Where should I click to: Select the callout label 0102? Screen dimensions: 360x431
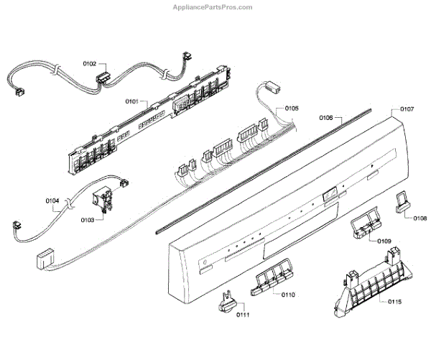90,64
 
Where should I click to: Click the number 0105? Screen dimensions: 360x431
291,108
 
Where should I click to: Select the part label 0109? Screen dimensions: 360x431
384,241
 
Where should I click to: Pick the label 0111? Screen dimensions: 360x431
244,316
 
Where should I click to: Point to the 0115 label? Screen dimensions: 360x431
393,303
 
